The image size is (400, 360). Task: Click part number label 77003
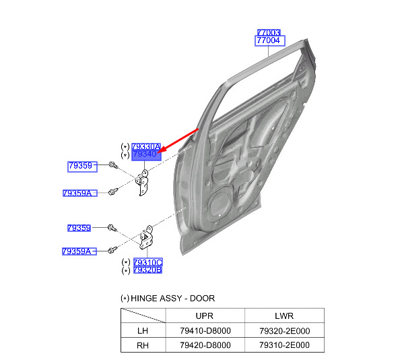point(269,32)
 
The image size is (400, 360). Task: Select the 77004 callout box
point(269,40)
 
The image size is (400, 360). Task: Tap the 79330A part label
point(146,146)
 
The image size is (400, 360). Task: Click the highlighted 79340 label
point(146,155)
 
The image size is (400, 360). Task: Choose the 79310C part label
point(147,262)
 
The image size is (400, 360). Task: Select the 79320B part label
point(147,270)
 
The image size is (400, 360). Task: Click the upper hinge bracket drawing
point(142,182)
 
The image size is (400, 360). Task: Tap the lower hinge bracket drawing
point(146,237)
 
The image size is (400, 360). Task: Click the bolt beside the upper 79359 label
point(113,164)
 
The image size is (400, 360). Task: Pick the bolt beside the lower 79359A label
point(112,249)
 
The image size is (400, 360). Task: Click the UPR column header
point(204,316)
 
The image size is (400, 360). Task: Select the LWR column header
point(284,316)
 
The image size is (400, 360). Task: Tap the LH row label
point(143,330)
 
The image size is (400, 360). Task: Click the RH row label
point(143,345)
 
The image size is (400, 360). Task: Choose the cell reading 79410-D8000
point(205,330)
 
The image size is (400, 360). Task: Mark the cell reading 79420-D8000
point(205,345)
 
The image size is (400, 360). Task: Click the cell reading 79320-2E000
point(285,331)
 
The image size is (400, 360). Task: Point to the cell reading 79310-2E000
point(285,345)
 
